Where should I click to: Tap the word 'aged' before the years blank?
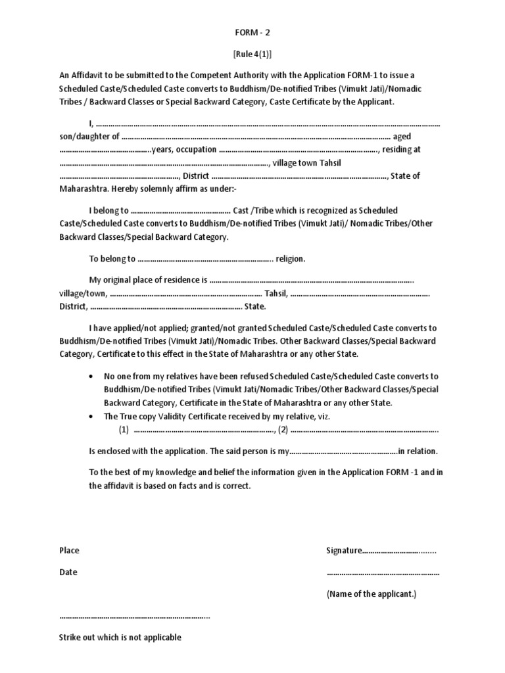click(403, 137)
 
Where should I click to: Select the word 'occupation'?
click(196, 150)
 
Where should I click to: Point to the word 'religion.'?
click(291, 259)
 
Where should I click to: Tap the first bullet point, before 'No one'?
click(90, 377)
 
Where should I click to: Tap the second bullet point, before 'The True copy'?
click(90, 417)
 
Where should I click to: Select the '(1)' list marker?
click(124, 430)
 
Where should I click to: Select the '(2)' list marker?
click(283, 430)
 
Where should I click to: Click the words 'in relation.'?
click(418, 452)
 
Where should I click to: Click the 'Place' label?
click(69, 551)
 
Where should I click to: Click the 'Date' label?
click(68, 572)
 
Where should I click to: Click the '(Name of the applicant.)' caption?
click(371, 593)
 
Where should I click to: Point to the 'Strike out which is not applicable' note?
click(120, 637)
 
